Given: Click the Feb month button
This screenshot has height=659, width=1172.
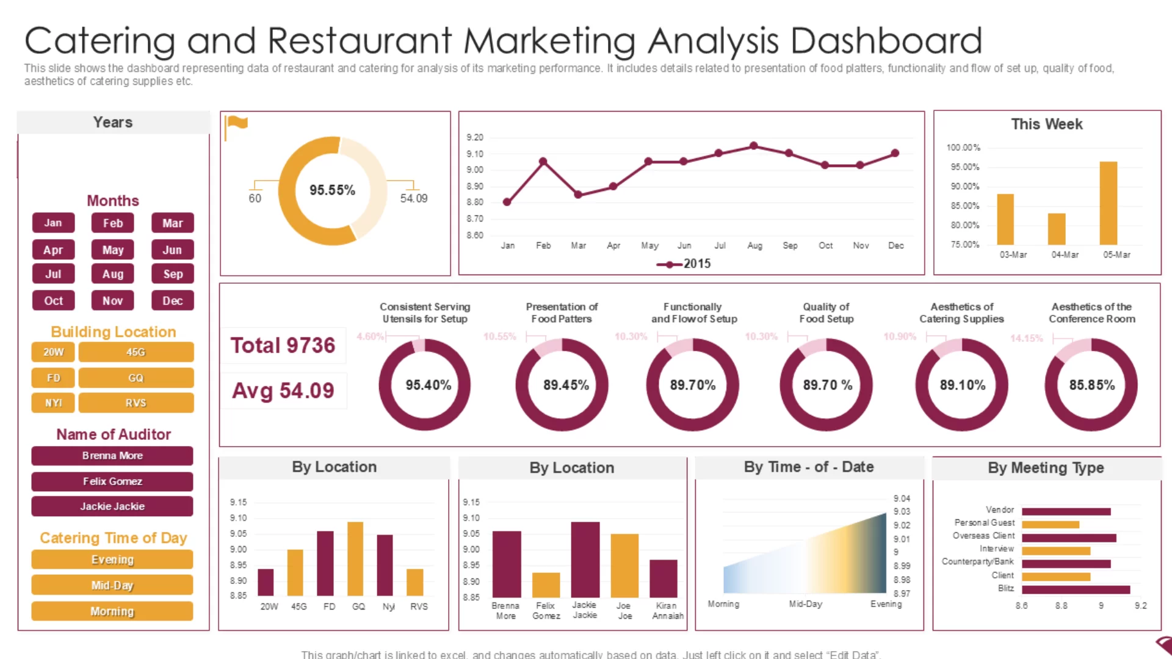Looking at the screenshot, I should [112, 223].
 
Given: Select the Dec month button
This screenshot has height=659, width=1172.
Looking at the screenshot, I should [172, 301].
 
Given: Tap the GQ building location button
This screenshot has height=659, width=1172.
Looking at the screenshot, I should [136, 378].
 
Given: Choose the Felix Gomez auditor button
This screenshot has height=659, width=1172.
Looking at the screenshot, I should [112, 481].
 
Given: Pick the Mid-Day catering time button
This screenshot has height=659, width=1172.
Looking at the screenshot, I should [112, 585].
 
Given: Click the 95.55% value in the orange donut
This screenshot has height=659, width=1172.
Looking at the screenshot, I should [332, 190].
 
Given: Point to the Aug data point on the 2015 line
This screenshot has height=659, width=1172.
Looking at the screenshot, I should [754, 146].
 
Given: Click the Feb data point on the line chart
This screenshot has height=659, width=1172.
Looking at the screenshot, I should [543, 162].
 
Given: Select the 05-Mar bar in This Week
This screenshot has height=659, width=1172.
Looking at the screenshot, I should [1108, 203].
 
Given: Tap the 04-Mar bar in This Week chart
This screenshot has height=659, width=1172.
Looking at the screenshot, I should [1057, 229].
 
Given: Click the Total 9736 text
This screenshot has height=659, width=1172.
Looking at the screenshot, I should [283, 345].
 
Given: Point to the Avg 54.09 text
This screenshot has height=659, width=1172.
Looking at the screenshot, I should [283, 391].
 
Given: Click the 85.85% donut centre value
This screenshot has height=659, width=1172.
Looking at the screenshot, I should [1091, 385].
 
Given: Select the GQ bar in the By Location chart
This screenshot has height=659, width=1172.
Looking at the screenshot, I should [355, 558].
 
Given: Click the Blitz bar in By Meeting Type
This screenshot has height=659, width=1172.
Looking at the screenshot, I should [1076, 589].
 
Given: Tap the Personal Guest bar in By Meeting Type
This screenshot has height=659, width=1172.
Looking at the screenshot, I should [1050, 524].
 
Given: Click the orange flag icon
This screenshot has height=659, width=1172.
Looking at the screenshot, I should [236, 124].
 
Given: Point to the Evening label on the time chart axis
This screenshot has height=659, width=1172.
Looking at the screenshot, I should [886, 603].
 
